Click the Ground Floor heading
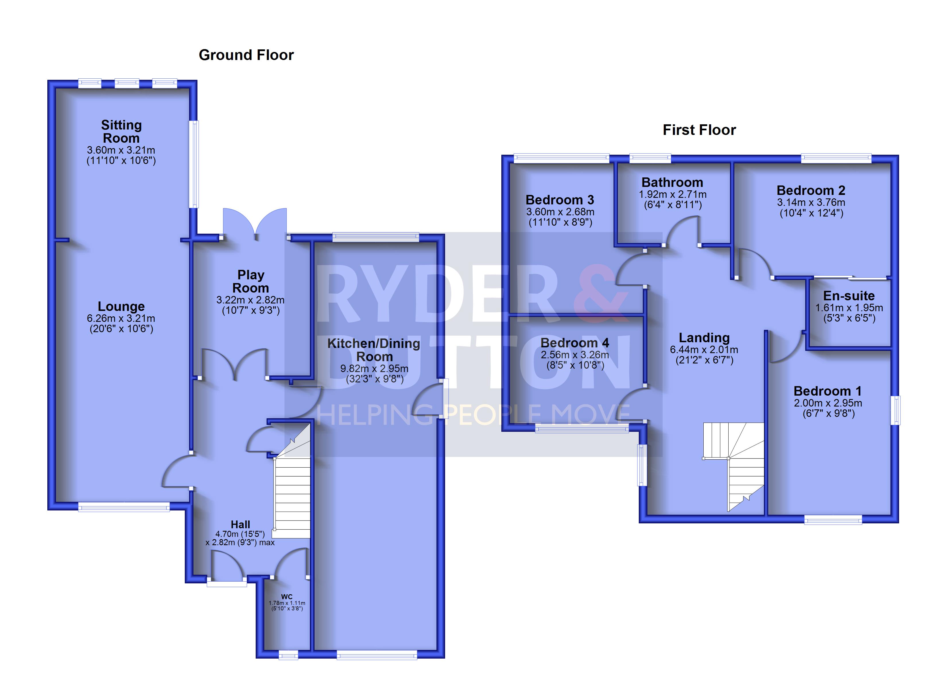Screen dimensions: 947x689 click(x=246, y=55)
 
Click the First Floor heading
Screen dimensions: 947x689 click(x=699, y=130)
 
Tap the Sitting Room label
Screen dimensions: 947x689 click(x=121, y=131)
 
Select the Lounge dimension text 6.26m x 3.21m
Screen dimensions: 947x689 click(x=121, y=318)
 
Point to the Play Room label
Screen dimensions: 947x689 click(x=251, y=281)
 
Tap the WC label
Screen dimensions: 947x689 click(x=287, y=597)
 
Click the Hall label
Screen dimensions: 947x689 click(x=240, y=525)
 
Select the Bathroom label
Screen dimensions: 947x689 click(x=672, y=183)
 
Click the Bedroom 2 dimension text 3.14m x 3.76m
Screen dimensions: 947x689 click(x=811, y=202)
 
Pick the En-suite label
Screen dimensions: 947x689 click(x=849, y=296)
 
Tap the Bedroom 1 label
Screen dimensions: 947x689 click(x=828, y=391)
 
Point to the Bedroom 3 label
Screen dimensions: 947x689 click(x=560, y=200)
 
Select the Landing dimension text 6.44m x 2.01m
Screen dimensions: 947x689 click(x=704, y=350)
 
